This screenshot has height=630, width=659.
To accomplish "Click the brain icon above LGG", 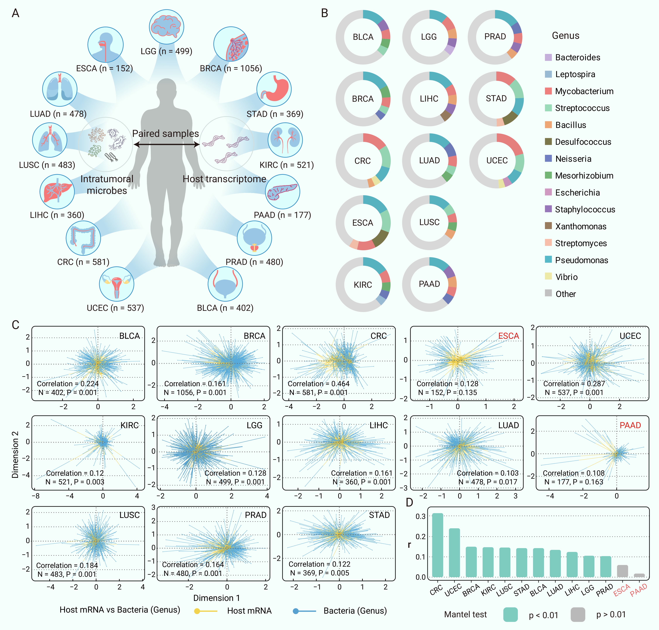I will pyautogui.click(x=166, y=26).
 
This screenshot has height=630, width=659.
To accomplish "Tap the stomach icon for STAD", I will pyautogui.click(x=274, y=89).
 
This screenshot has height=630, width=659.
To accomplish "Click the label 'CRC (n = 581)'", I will pyautogui.click(x=83, y=262).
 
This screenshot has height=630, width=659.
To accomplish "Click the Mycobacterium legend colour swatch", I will pyautogui.click(x=548, y=91).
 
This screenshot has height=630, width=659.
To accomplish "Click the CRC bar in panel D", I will pyautogui.click(x=437, y=545).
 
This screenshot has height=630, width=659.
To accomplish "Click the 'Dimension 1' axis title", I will pyautogui.click(x=216, y=598).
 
